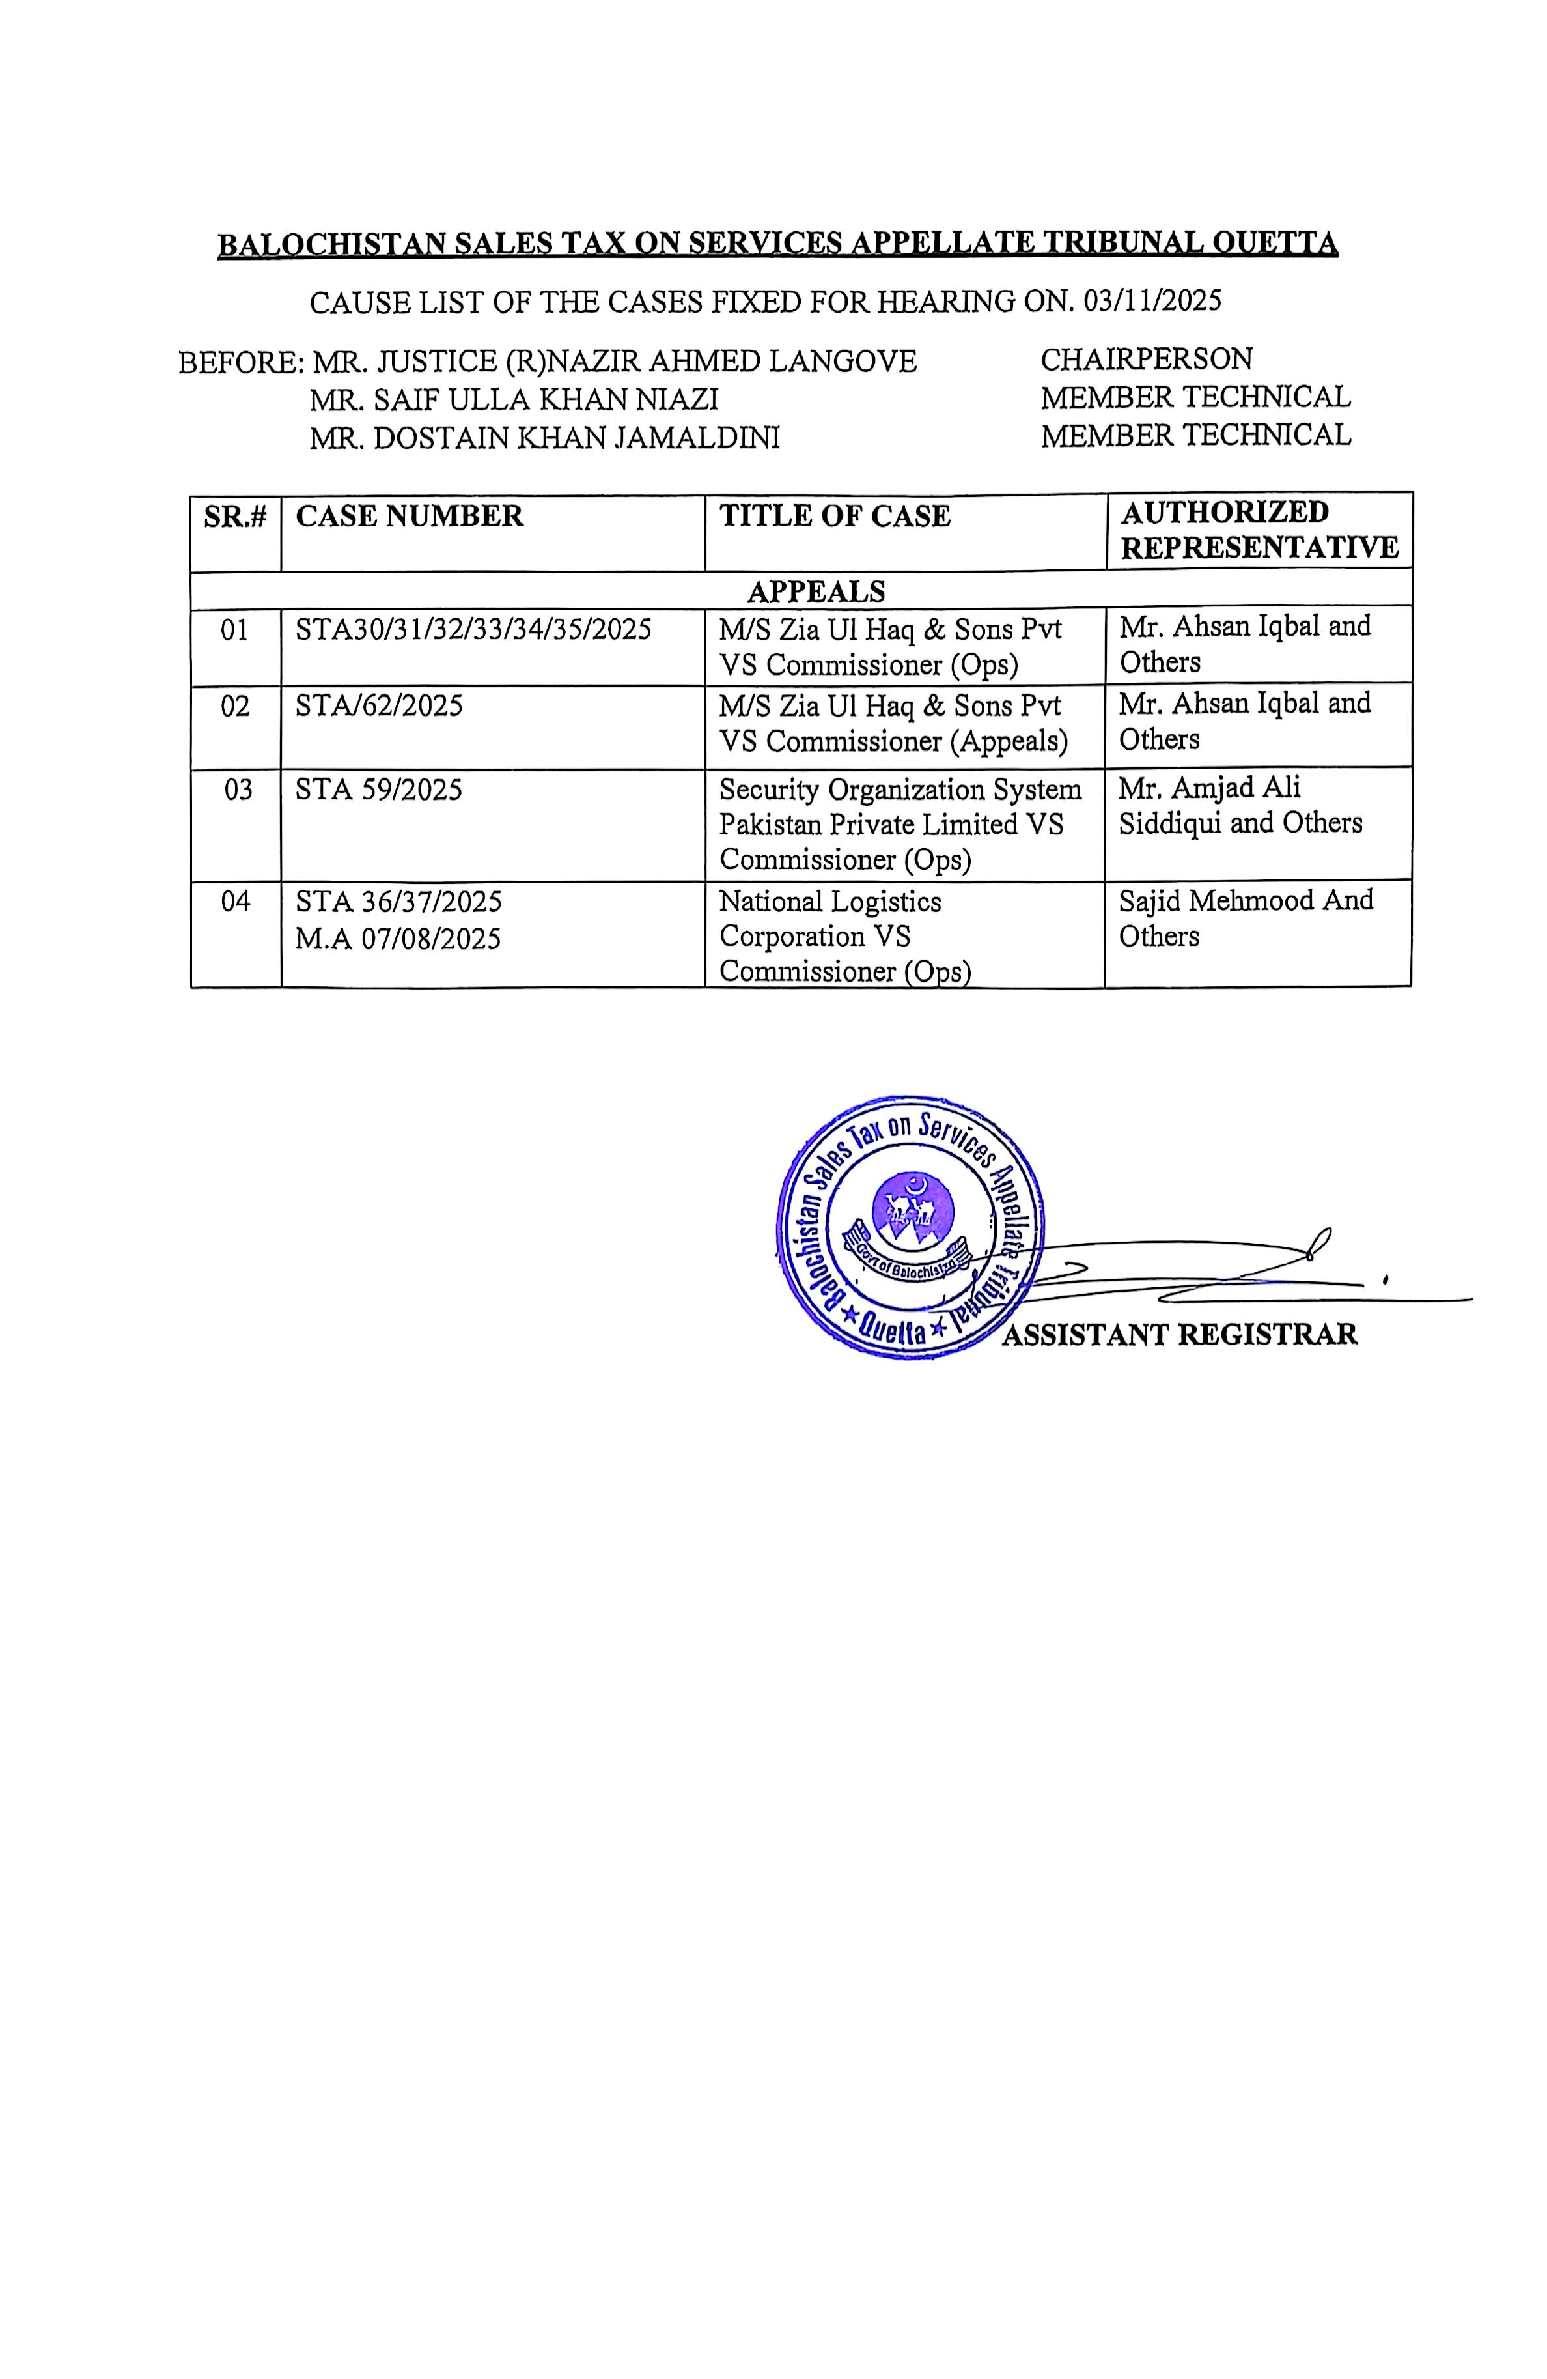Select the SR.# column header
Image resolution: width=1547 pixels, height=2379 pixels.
(x=236, y=517)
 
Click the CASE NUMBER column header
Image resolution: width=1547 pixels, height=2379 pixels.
(x=409, y=516)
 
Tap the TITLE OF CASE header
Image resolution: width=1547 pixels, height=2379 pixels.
(x=835, y=516)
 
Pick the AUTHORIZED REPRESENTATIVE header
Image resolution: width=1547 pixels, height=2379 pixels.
(x=1258, y=530)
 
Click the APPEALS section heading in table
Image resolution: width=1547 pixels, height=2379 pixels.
(x=815, y=591)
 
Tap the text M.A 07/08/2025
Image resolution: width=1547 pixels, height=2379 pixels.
(x=398, y=939)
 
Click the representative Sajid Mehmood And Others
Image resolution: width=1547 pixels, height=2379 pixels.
(x=1245, y=918)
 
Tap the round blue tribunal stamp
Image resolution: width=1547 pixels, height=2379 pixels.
(x=910, y=1227)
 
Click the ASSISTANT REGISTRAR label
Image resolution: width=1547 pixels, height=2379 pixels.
(x=1179, y=1334)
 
